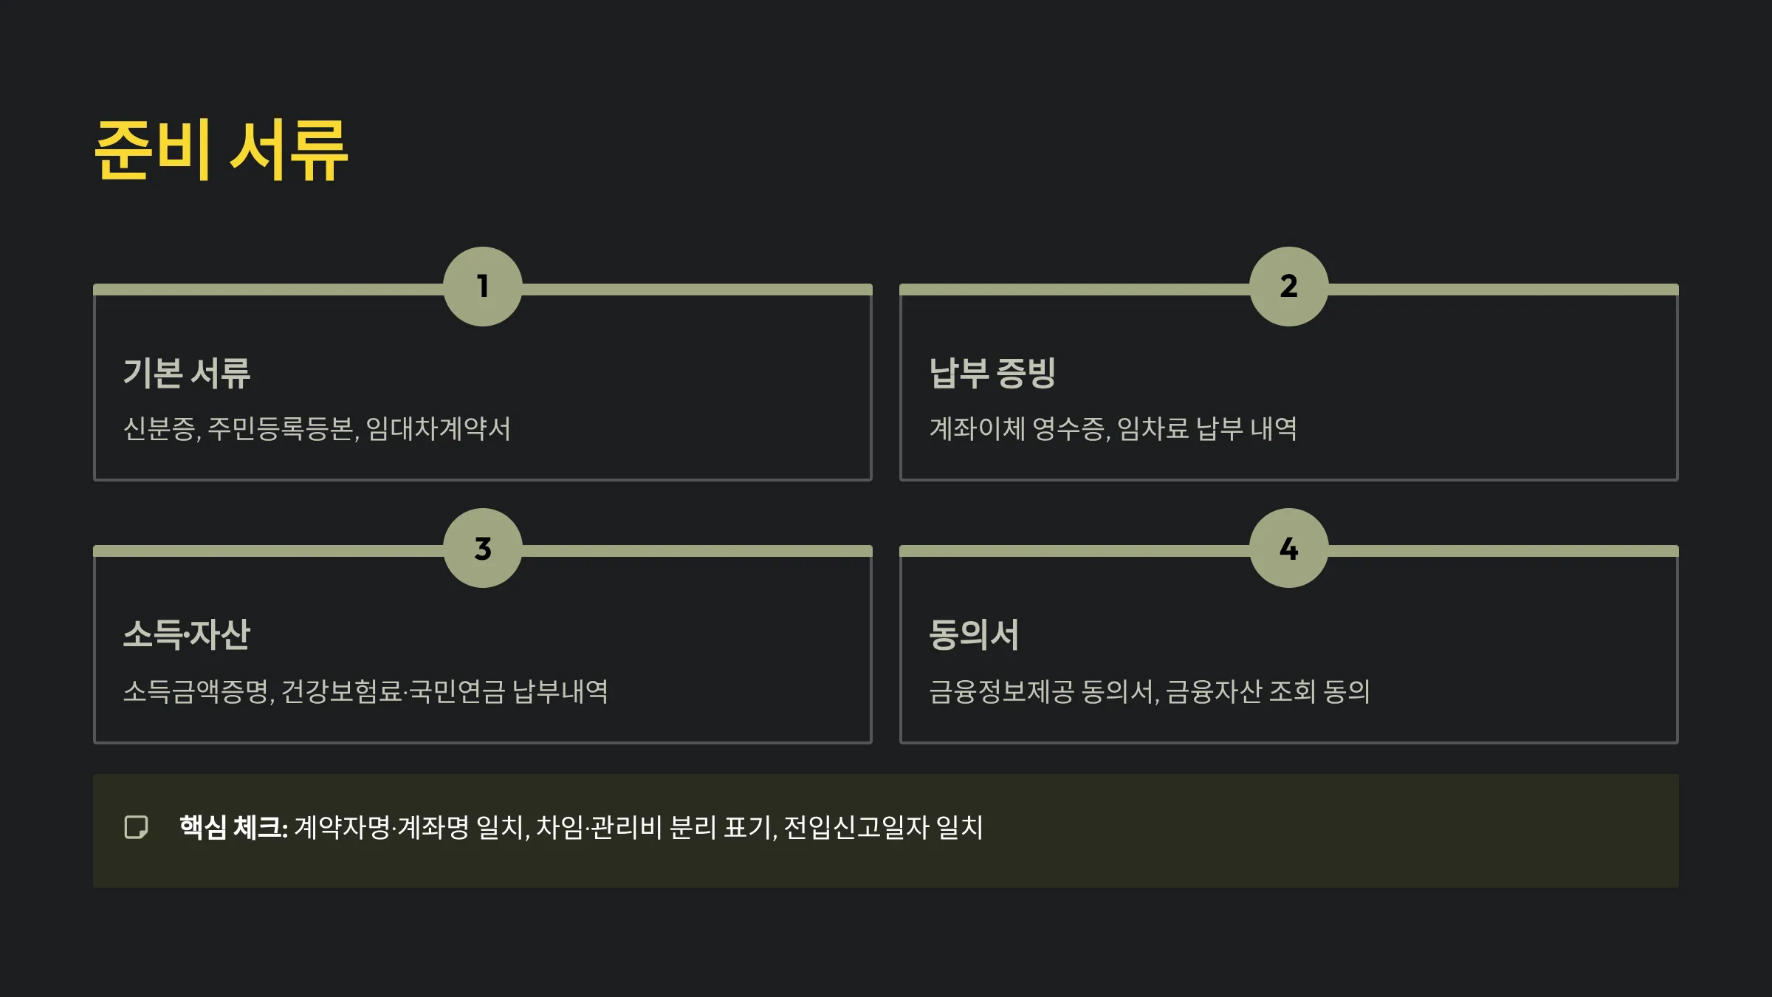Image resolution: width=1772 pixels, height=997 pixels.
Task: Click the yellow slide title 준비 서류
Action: click(221, 150)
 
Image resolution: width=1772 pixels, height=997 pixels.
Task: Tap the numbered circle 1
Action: click(483, 287)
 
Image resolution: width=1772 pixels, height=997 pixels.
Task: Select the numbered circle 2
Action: click(1289, 287)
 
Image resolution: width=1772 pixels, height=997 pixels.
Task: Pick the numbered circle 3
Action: click(483, 548)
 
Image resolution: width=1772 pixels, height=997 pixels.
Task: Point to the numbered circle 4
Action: click(1289, 548)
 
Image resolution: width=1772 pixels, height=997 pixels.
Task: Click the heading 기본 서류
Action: click(187, 373)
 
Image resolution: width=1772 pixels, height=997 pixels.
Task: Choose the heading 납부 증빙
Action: click(992, 373)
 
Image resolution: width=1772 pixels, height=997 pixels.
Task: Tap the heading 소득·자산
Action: click(187, 635)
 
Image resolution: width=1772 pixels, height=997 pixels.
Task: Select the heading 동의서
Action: click(974, 635)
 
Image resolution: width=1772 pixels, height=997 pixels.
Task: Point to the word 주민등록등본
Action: click(282, 429)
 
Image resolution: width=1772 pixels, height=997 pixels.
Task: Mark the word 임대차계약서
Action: click(438, 429)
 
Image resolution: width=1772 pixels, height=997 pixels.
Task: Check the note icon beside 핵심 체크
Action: click(137, 827)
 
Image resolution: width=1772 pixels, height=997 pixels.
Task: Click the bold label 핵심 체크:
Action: click(233, 827)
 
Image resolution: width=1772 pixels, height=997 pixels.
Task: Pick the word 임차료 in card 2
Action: click(1153, 429)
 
